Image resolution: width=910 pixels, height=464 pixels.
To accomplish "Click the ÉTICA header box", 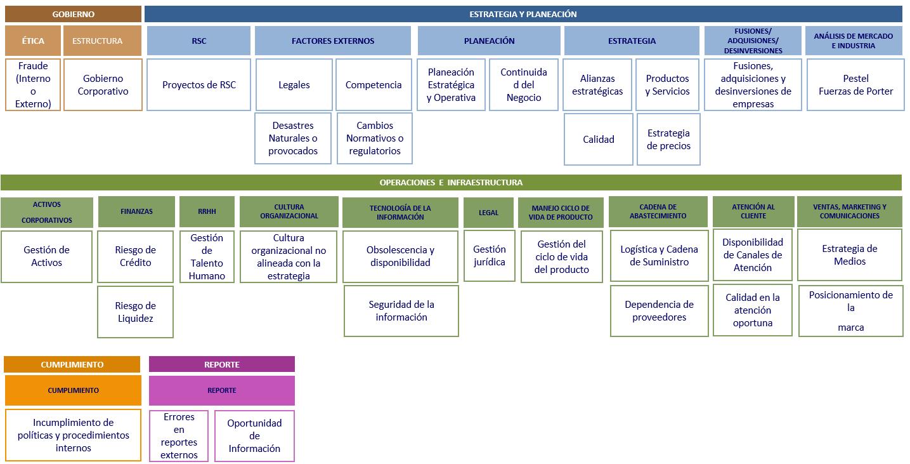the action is (33, 41).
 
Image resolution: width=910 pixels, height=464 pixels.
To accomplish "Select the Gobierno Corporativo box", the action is (103, 84).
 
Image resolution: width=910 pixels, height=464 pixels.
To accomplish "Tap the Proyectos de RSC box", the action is (198, 84).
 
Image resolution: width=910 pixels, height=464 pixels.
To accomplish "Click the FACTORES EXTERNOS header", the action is (333, 41).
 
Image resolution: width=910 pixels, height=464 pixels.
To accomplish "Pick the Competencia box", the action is (374, 84).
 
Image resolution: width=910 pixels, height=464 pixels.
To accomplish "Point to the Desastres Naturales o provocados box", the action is (293, 138).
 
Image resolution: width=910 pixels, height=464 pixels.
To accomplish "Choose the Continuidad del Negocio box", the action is (524, 84).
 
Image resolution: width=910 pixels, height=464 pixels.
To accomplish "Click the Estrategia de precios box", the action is (668, 140).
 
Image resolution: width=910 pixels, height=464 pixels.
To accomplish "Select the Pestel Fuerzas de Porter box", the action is (855, 84).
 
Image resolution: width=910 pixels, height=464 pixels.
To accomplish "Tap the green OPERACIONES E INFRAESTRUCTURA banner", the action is (451, 183).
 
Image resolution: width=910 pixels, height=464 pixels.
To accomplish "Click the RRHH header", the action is (207, 211).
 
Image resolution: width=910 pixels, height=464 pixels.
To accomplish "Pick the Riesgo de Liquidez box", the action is (135, 312).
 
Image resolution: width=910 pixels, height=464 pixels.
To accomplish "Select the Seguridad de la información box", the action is (401, 310).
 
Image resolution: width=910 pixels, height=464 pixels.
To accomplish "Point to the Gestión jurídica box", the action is (490, 256).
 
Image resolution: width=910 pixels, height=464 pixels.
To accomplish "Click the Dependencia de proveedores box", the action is (660, 310).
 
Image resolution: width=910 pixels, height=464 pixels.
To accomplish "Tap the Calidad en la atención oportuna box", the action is (753, 310).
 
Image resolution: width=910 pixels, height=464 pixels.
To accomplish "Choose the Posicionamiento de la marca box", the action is (850, 310).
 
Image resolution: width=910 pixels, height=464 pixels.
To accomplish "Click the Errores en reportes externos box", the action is (179, 436).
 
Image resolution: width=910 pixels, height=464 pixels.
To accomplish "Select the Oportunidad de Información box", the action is (254, 436).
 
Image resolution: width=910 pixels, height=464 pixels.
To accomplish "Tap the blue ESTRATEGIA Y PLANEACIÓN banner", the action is (523, 14).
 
